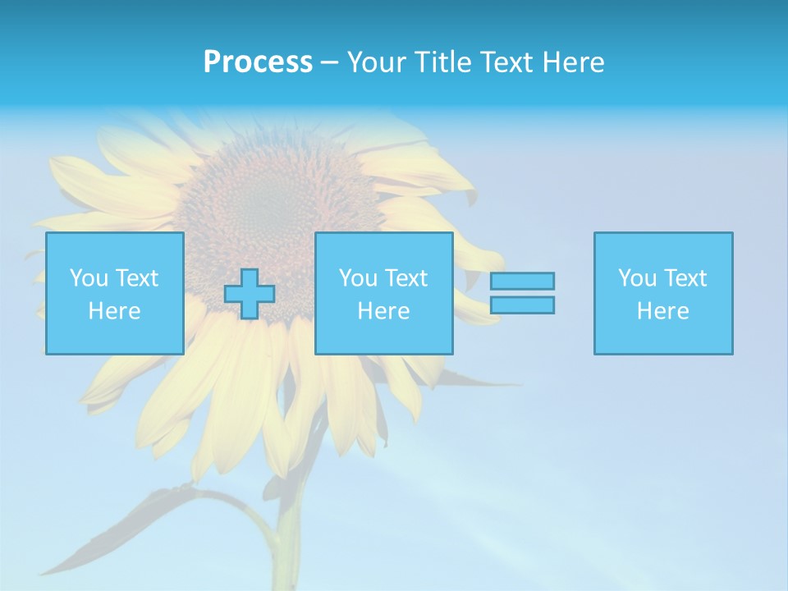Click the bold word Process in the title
(x=258, y=62)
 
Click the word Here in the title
(x=573, y=62)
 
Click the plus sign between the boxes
(x=250, y=294)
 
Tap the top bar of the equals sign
(x=522, y=282)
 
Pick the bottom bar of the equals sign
(x=522, y=305)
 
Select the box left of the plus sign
(x=115, y=293)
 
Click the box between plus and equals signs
(x=384, y=293)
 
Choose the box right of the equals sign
(x=663, y=293)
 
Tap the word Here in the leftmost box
(x=115, y=311)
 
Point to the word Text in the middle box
(x=405, y=278)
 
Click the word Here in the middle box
(x=384, y=311)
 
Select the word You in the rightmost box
(x=637, y=278)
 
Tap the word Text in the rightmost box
(x=685, y=278)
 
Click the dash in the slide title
(x=329, y=62)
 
